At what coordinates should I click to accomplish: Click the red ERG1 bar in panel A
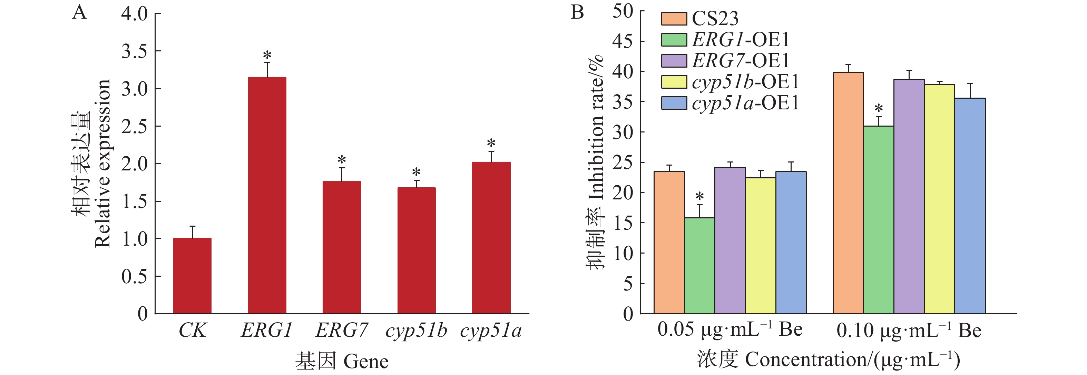(x=267, y=195)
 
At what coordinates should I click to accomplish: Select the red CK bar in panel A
(x=193, y=276)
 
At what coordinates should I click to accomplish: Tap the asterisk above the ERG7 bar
(x=342, y=160)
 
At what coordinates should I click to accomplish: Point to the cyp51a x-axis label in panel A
(x=491, y=330)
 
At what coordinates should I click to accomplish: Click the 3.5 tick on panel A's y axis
(x=135, y=51)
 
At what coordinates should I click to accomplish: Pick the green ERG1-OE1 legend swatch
(x=674, y=40)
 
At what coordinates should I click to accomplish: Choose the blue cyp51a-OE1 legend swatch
(x=674, y=103)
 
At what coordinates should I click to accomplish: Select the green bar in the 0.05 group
(x=699, y=266)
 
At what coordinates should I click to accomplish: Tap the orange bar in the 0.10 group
(x=848, y=193)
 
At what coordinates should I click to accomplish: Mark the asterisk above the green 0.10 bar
(x=879, y=109)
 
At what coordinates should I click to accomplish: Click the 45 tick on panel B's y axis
(x=623, y=41)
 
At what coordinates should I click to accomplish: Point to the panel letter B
(x=577, y=13)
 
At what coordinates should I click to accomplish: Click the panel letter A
(x=79, y=13)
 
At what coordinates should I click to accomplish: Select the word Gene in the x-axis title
(x=365, y=362)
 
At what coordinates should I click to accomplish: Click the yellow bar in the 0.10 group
(x=939, y=199)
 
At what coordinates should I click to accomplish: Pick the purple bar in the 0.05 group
(x=730, y=240)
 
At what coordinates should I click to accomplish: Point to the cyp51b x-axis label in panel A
(x=416, y=330)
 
